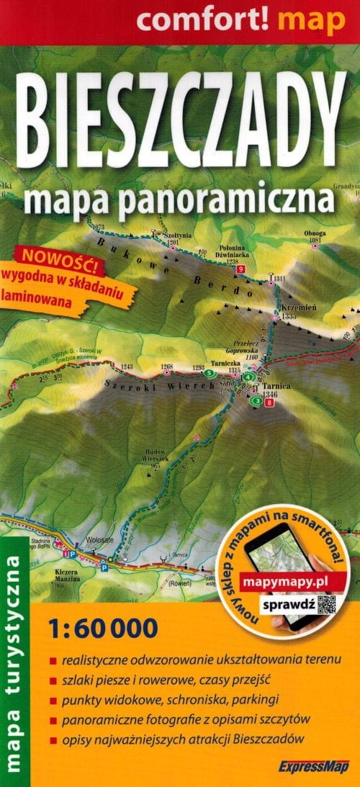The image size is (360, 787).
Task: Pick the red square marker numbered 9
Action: tap(240, 269)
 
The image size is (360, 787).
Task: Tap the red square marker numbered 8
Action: tap(270, 403)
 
